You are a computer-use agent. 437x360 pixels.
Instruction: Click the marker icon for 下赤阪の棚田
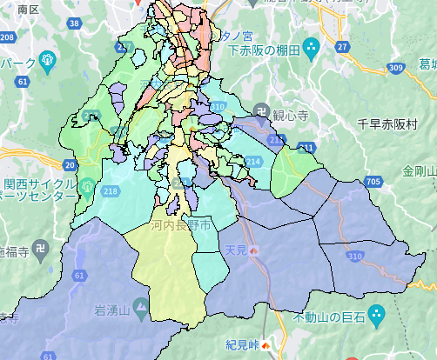(314, 44)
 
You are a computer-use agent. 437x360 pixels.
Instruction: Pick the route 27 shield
(342, 45)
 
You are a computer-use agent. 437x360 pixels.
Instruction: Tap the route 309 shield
(398, 67)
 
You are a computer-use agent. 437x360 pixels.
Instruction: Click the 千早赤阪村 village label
(387, 124)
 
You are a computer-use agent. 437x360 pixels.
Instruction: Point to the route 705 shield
(373, 182)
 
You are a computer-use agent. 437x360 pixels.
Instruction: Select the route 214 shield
(253, 161)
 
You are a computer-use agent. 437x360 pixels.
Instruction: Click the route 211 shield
(306, 147)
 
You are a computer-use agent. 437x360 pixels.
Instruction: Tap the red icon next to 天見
(254, 250)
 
